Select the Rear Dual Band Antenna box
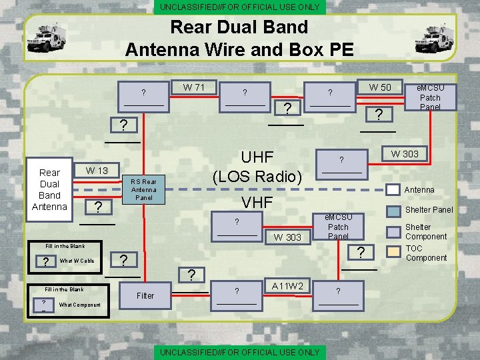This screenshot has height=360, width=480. coord(49,189)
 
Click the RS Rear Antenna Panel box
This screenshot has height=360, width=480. coord(143,189)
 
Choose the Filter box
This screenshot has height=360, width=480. coord(145,295)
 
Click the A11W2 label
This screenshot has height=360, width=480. coord(287,286)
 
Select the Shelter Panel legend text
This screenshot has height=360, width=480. coord(429,210)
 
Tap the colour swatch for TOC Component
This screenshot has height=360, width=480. coord(395,252)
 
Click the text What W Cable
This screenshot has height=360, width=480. coord(77,261)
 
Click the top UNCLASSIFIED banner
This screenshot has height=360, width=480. coord(239,7)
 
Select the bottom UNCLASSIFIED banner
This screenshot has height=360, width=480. coord(239,351)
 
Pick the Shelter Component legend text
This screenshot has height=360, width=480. coord(426,231)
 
